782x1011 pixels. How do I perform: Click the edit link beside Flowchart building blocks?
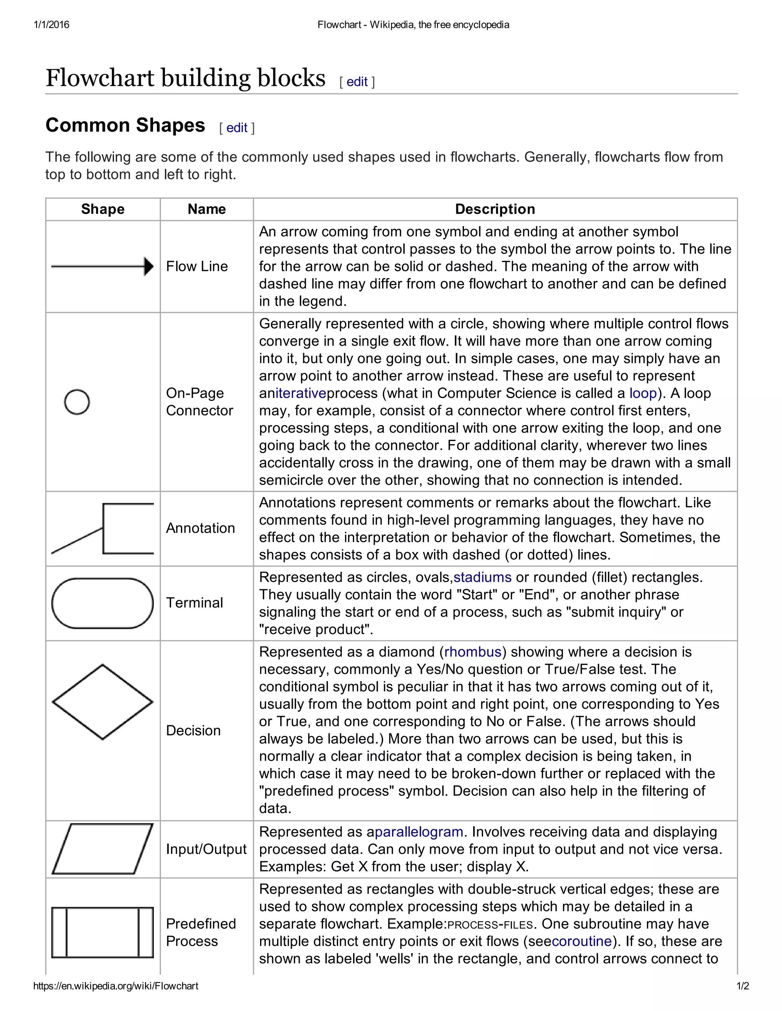tap(357, 82)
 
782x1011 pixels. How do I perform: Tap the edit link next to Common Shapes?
tap(237, 128)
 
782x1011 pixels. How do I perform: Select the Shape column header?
tap(103, 209)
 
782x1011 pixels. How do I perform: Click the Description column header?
tap(495, 209)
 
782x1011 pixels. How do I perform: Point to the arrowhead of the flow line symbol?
tap(149, 267)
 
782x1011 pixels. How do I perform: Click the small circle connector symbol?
tap(77, 402)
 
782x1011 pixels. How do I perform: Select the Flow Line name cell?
tap(197, 267)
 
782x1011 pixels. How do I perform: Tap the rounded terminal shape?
tap(102, 603)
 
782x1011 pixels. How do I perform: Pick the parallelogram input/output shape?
tap(102, 849)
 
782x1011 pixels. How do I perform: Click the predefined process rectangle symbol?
tap(102, 932)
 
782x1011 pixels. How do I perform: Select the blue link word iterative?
tap(301, 393)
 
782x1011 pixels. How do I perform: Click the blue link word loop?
tap(643, 393)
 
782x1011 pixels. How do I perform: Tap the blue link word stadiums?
tap(482, 577)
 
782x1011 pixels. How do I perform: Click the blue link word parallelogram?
tap(419, 832)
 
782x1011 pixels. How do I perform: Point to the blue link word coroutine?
tap(582, 942)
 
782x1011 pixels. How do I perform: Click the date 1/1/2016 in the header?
tap(52, 24)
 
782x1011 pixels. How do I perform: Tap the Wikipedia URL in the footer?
tap(116, 986)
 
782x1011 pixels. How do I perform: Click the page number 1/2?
tap(743, 986)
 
